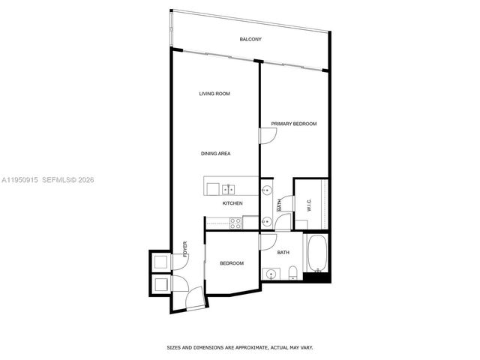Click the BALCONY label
tap(250, 39)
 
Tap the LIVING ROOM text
tap(214, 94)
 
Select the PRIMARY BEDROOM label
tap(294, 124)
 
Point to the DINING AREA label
tap(215, 154)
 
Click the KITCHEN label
tap(232, 203)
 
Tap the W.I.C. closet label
tap(307, 204)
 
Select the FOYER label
tap(184, 249)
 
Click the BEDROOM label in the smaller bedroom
tap(232, 263)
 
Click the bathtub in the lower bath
tap(315, 254)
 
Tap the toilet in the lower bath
tap(295, 273)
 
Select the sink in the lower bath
tap(269, 273)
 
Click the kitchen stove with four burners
tap(234, 222)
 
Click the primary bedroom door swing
tap(268, 136)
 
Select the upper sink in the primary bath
tap(266, 190)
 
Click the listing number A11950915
tap(20, 180)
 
